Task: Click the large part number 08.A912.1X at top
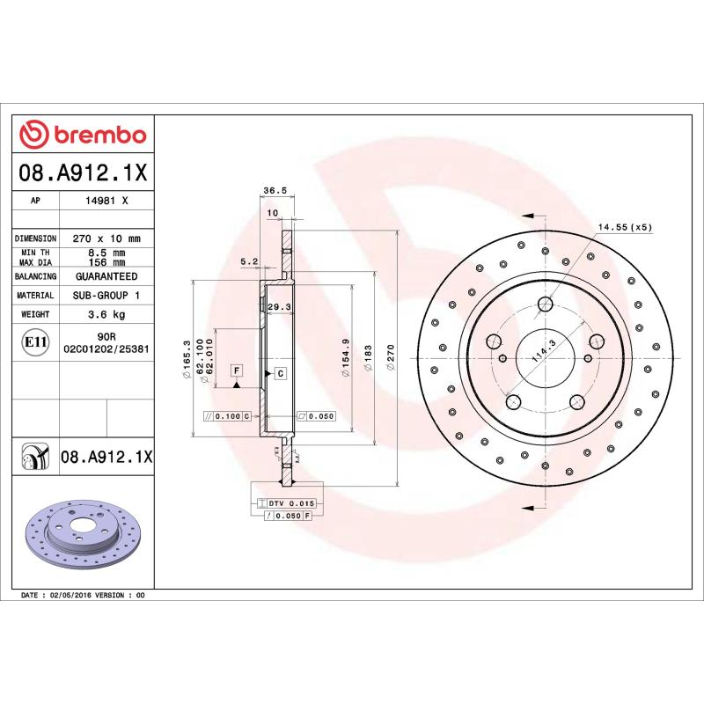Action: tap(83, 172)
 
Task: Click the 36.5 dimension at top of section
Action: tap(275, 189)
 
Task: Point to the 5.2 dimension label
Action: tap(248, 261)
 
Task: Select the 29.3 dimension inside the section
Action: tap(279, 306)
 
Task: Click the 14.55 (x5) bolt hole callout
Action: tap(625, 227)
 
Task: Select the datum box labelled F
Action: tap(237, 370)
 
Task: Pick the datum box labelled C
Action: tap(280, 373)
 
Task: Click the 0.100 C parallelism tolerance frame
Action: tap(227, 416)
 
